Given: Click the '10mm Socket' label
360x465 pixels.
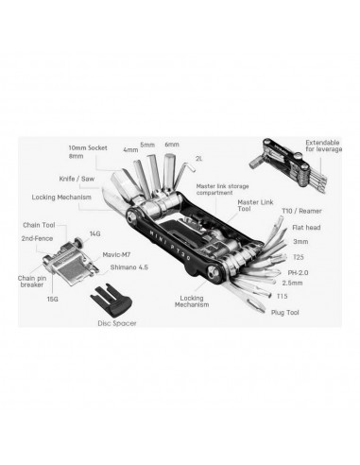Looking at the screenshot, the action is tap(88, 147).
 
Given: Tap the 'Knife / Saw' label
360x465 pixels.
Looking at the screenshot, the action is tap(77, 179).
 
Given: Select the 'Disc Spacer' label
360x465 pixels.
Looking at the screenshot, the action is tap(117, 323).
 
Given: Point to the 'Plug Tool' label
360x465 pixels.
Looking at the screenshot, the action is tap(285, 313).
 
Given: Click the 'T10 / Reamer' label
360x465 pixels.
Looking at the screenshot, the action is tap(301, 211).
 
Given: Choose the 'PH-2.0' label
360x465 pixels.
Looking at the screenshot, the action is tap(298, 272).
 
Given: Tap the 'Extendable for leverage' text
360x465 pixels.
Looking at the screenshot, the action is tap(323, 146).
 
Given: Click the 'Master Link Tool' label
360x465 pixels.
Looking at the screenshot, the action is tap(255, 205).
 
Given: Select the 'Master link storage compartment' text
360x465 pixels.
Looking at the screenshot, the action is tap(222, 189).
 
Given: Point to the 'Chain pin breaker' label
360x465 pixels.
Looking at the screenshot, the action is tap(32, 282).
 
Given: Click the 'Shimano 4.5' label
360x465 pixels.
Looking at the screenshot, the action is tap(129, 267).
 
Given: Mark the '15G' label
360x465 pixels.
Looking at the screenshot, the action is tap(53, 299).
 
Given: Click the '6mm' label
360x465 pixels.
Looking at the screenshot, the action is tap(172, 145).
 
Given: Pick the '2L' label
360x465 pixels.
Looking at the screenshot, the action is tap(198, 159).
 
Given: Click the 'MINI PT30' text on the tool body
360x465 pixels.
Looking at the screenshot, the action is tap(170, 243).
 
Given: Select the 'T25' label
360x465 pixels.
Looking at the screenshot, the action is tap(299, 257).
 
